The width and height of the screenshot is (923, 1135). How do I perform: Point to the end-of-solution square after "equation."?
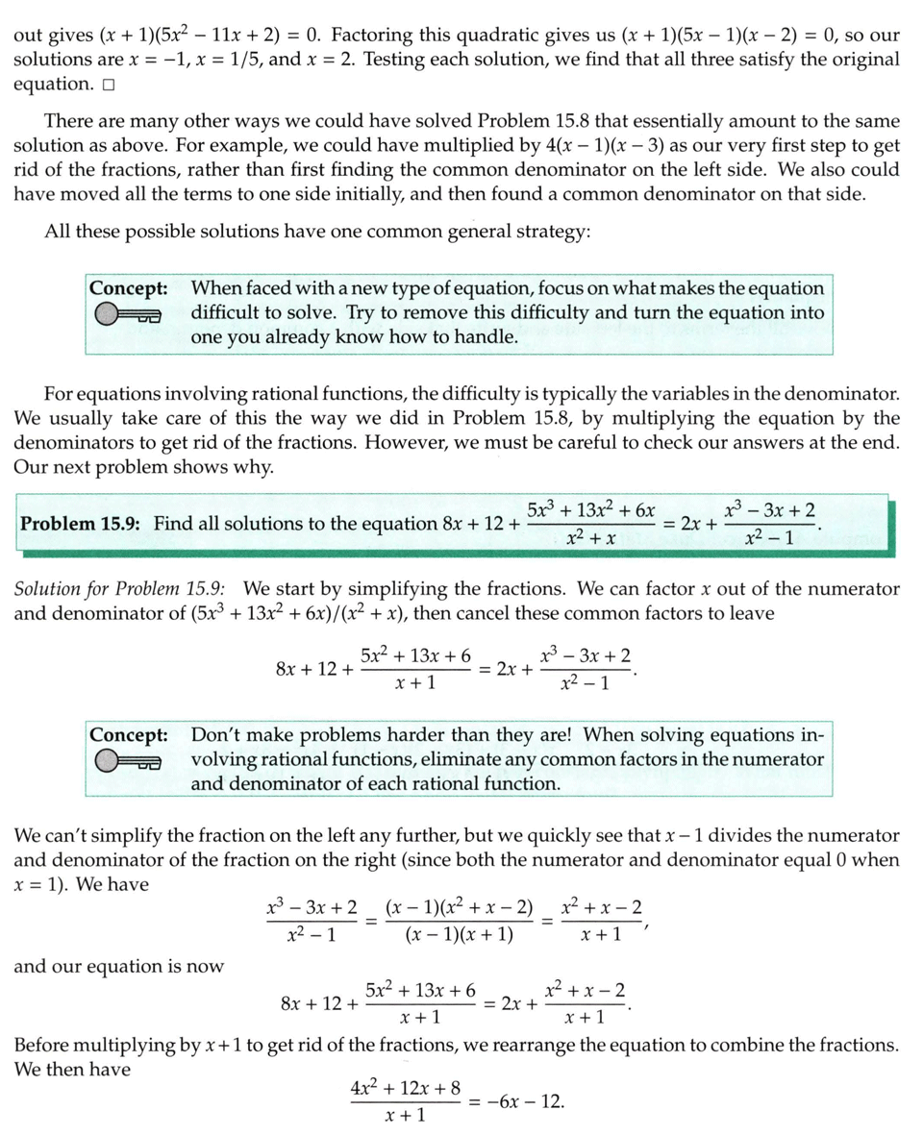107,85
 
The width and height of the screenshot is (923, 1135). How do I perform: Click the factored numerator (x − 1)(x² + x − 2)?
459,908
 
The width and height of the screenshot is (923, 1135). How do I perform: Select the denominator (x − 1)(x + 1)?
459,934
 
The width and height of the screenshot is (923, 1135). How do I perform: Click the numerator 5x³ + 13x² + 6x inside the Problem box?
591,510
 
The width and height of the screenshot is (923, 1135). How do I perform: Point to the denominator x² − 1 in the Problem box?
769,538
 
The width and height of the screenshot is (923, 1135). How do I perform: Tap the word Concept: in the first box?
128,288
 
